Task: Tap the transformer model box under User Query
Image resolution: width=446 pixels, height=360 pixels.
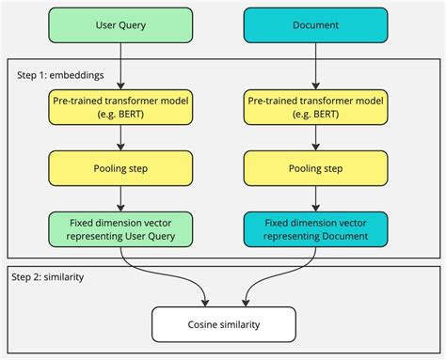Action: pos(121,107)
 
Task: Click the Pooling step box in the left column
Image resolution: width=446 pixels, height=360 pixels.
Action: pos(121,168)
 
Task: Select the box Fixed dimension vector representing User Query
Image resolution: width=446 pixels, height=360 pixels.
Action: pos(121,228)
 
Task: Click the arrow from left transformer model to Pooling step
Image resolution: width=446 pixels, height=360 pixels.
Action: pos(121,137)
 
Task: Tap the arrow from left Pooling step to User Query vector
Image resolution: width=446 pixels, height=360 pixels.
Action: pos(121,198)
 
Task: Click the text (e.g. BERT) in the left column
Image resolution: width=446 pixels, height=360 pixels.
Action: pos(121,115)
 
